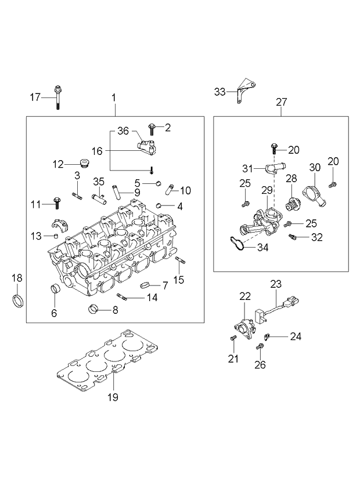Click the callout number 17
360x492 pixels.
35,97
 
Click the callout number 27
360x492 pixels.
281,102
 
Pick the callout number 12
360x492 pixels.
58,164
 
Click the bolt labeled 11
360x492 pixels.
57,203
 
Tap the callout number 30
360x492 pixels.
315,167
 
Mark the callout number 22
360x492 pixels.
244,296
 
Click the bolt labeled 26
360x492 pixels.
260,347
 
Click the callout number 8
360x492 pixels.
115,310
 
